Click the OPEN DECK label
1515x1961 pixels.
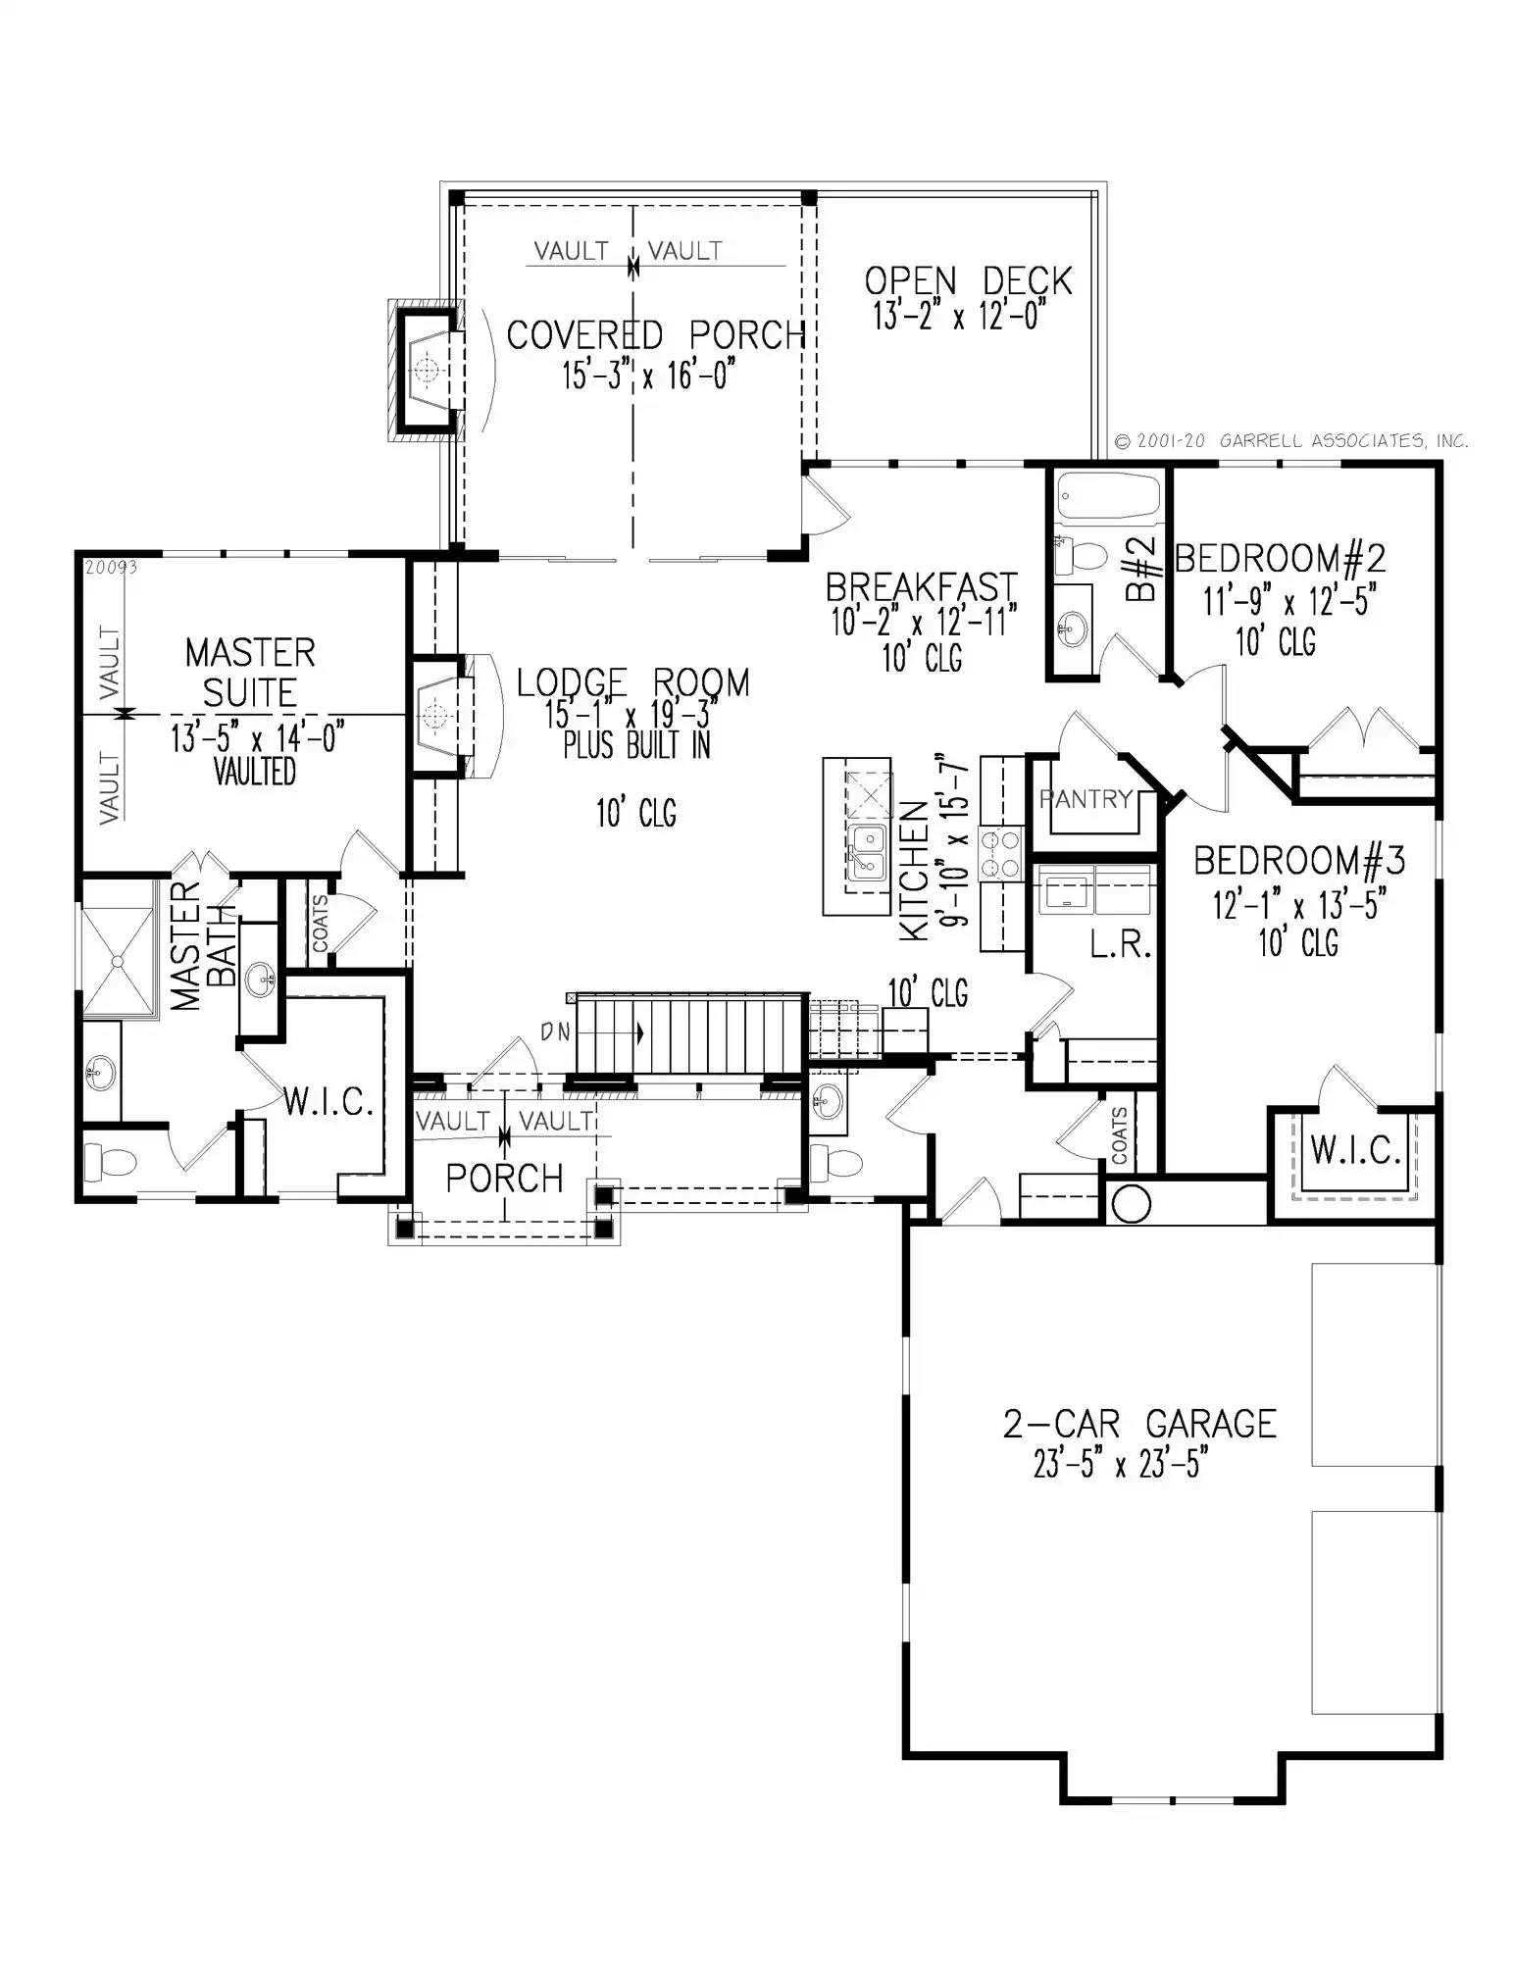[968, 281]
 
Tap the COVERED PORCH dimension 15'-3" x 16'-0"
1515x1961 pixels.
[648, 376]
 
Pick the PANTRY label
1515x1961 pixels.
[1086, 799]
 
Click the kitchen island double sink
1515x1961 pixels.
[866, 852]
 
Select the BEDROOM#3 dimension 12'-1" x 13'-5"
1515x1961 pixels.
[1298, 904]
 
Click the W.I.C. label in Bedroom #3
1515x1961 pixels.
[1356, 1150]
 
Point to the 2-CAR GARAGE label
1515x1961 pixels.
[1139, 1423]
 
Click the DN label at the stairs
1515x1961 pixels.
[555, 1031]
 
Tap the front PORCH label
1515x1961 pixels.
[504, 1178]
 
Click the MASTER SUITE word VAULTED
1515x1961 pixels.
[255, 773]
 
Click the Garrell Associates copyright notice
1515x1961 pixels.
[1291, 441]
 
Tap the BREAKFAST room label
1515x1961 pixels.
[922, 587]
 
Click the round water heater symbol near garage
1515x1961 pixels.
[1132, 1204]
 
